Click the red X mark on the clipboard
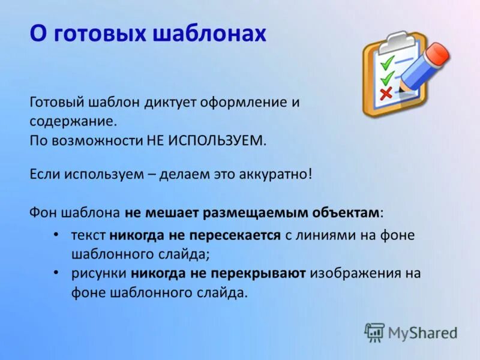coord(386,92)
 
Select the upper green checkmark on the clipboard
coord(389,62)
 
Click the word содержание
coord(71,121)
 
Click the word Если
coord(43,175)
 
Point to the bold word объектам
coord(348,213)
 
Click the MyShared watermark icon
coord(375,332)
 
